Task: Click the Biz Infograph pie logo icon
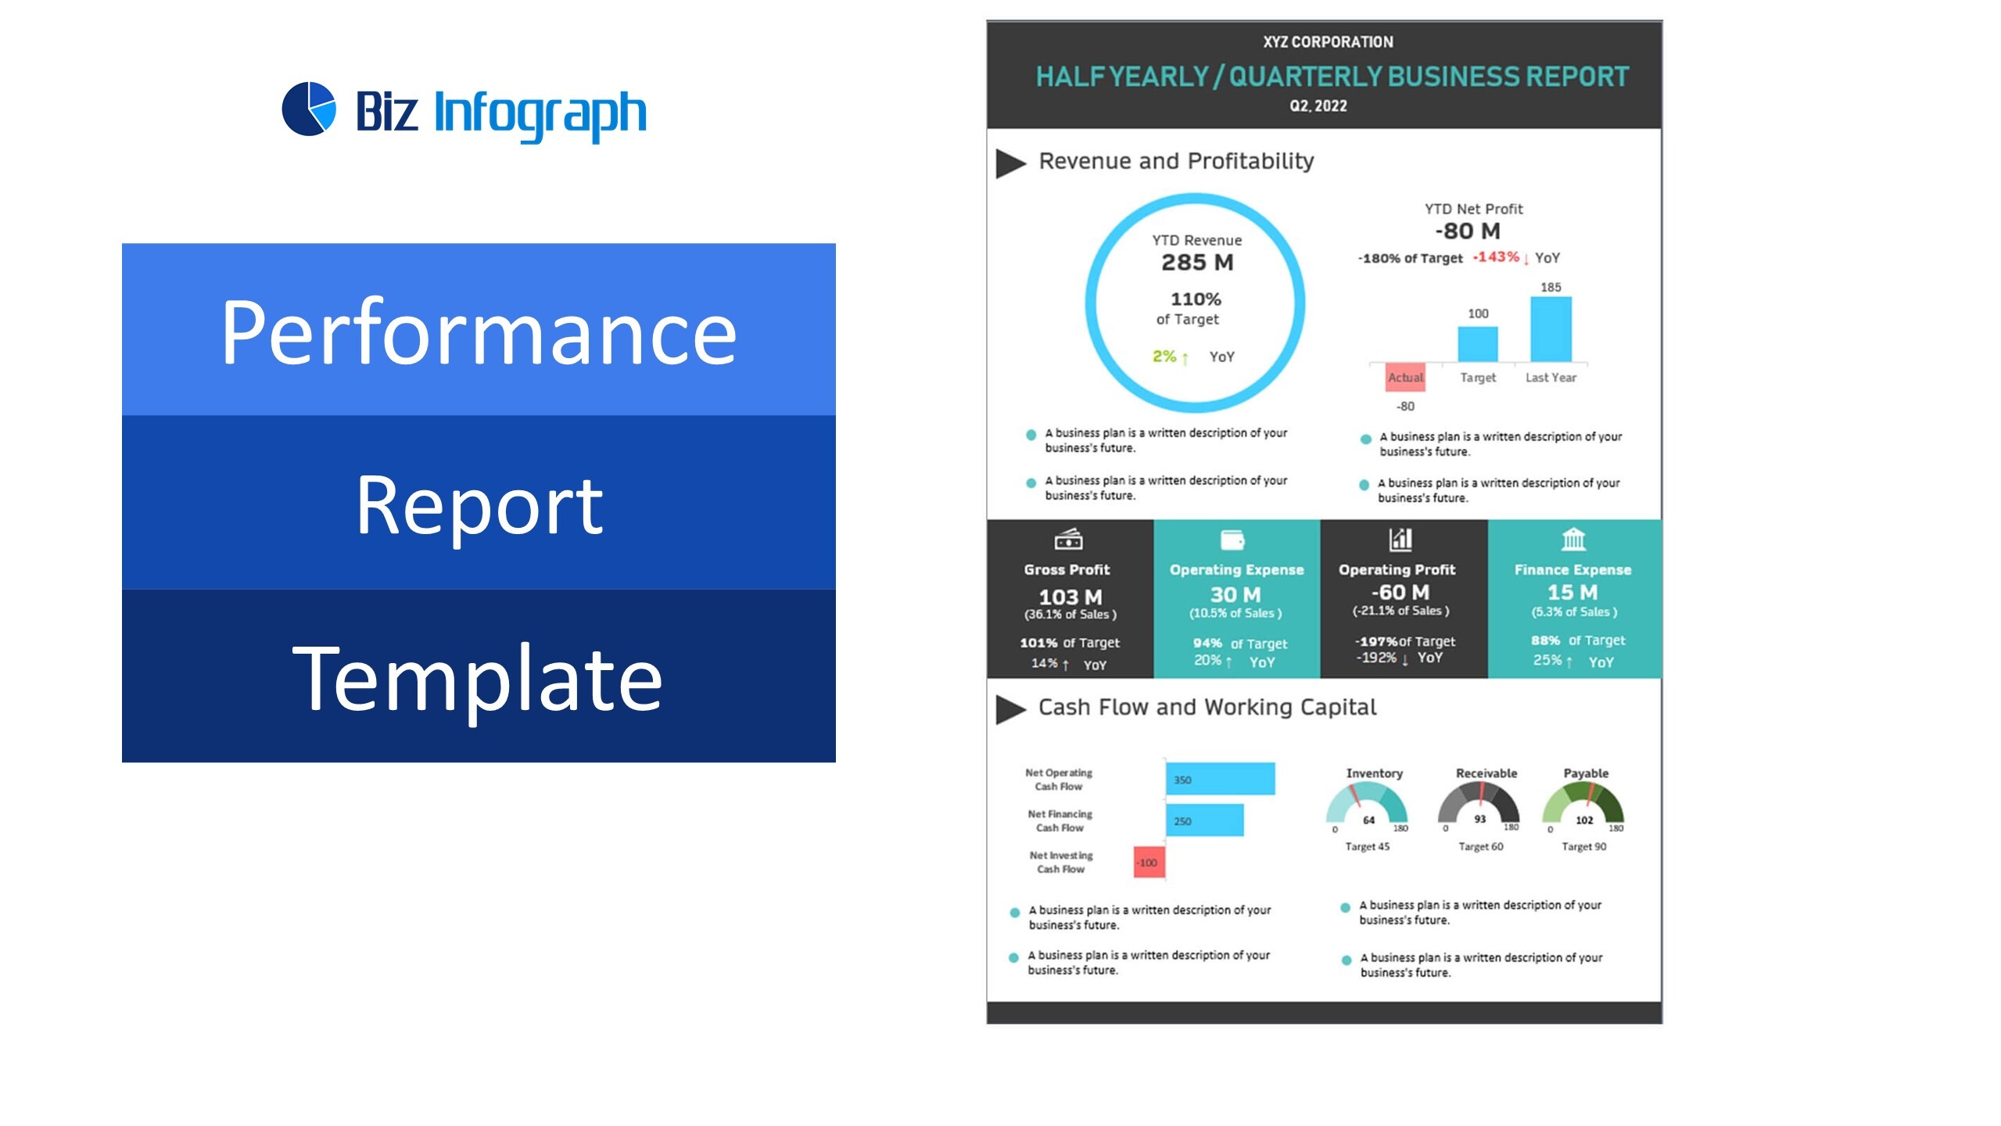tap(309, 109)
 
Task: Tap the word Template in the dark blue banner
tap(477, 677)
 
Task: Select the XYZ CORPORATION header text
tap(1328, 42)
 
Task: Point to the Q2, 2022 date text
tap(1318, 106)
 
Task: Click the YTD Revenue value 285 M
tap(1197, 263)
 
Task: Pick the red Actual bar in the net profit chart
tap(1405, 376)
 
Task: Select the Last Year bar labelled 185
tap(1551, 329)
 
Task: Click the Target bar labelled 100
tap(1478, 344)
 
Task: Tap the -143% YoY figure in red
tap(1496, 257)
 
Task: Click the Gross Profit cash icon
tap(1068, 539)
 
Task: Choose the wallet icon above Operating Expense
tap(1232, 540)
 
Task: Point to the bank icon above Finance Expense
tap(1573, 539)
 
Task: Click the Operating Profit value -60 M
tap(1400, 592)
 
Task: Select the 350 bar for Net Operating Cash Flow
tap(1220, 779)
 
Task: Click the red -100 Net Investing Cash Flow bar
tap(1149, 862)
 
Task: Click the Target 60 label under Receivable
tap(1480, 847)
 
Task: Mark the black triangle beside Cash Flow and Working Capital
tap(1009, 709)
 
